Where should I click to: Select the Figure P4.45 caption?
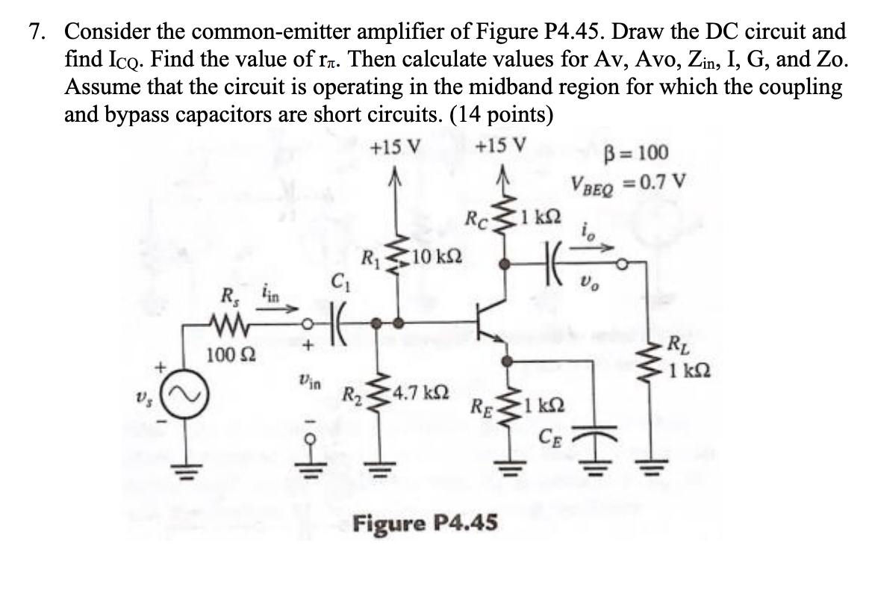coord(424,522)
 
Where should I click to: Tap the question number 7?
coord(37,32)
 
